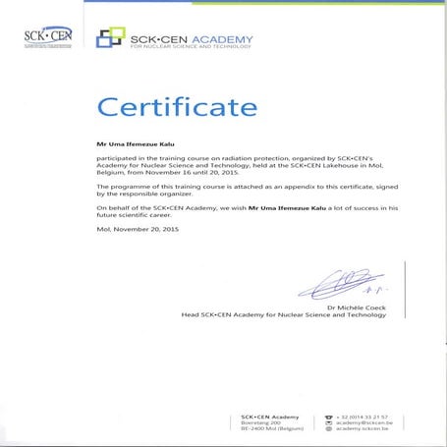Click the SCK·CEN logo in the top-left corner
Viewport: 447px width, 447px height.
pos(44,37)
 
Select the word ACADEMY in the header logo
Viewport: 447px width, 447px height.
pos(221,39)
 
